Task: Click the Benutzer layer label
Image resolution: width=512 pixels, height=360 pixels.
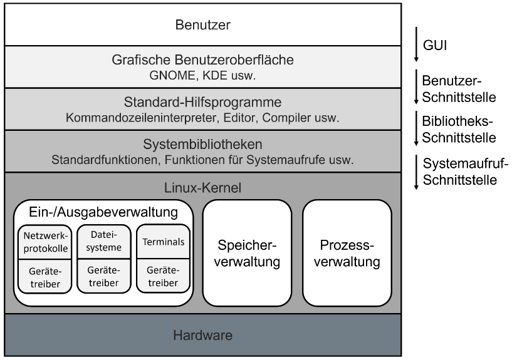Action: click(202, 26)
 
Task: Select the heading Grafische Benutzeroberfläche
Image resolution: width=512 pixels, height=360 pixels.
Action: click(202, 61)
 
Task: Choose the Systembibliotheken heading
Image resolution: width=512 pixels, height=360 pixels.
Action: click(202, 145)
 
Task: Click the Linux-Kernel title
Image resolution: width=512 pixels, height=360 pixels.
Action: click(202, 187)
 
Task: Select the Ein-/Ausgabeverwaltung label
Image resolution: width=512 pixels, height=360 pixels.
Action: click(103, 212)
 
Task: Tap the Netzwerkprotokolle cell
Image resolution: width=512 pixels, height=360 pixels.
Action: click(41, 241)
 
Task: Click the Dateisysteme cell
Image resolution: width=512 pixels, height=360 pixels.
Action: click(100, 241)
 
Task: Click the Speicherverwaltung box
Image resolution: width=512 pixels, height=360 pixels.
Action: click(247, 252)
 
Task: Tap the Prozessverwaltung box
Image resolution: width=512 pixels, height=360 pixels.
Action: click(347, 252)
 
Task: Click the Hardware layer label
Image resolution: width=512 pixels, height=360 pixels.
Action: click(202, 335)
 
